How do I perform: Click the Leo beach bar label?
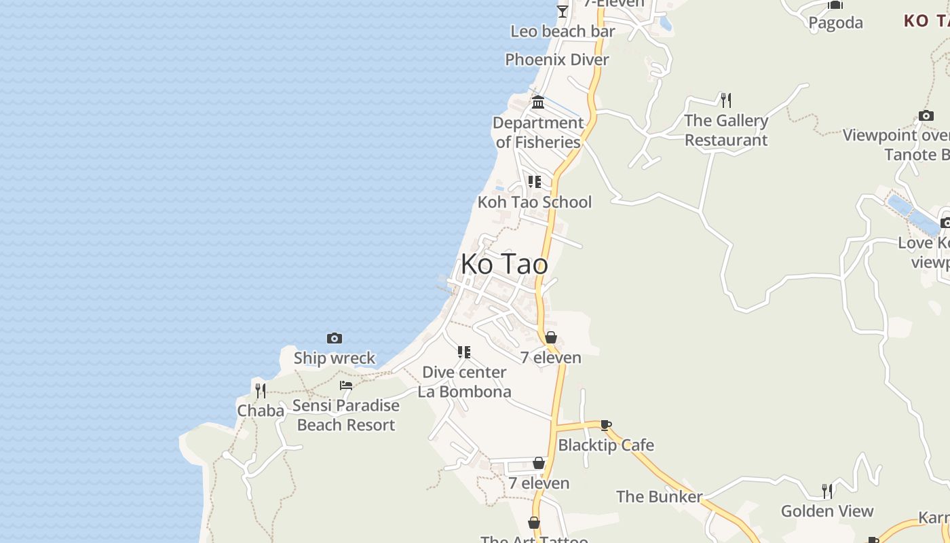pos(563,31)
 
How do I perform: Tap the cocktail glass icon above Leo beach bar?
pos(563,11)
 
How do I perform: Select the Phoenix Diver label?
pos(557,60)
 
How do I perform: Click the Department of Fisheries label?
pos(538,132)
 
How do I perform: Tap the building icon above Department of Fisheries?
pos(538,102)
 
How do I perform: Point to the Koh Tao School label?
pos(535,202)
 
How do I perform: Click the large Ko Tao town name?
pos(504,264)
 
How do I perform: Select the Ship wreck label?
pos(335,358)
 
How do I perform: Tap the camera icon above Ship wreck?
pos(335,338)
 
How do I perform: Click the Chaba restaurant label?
pos(261,411)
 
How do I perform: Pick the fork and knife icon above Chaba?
pos(261,390)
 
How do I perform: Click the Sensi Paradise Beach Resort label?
pos(346,415)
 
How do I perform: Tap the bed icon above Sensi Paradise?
pos(346,386)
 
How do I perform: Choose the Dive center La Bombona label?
pos(464,382)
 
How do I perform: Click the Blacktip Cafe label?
pos(606,445)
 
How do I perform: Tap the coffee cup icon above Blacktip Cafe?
pos(605,426)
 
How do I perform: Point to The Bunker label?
pos(659,497)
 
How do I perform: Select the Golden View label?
pos(827,511)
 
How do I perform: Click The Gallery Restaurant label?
pos(726,130)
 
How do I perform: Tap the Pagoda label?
pos(835,23)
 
